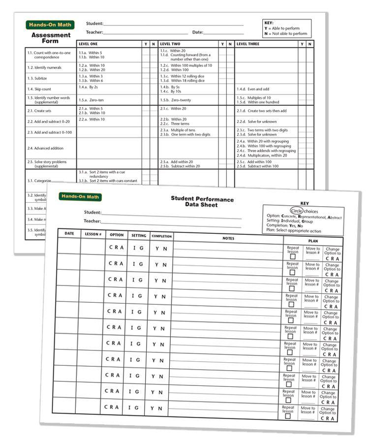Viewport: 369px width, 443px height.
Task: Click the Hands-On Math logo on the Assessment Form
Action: click(x=50, y=25)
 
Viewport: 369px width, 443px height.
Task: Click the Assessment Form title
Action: click(x=51, y=38)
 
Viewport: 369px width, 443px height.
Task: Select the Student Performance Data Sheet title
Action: click(x=202, y=202)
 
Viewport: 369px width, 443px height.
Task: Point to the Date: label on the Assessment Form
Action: click(x=197, y=32)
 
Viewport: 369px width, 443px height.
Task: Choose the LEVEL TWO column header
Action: click(x=170, y=44)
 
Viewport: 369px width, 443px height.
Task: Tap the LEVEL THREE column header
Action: click(x=249, y=44)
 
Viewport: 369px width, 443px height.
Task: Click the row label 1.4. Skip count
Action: click(x=39, y=89)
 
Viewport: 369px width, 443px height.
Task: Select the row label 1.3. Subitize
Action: click(x=37, y=78)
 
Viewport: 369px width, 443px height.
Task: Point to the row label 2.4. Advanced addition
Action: click(x=45, y=148)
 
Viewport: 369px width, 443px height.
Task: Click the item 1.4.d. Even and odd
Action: click(x=253, y=89)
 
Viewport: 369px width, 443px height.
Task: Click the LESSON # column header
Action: click(x=92, y=234)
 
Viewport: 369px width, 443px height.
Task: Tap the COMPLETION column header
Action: click(x=161, y=236)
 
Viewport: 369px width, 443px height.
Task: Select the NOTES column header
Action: click(x=228, y=238)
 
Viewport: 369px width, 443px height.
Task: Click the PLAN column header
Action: click(x=312, y=241)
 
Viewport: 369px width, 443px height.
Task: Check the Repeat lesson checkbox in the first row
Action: click(x=292, y=256)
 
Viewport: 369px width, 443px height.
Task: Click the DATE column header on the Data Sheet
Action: click(x=69, y=233)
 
